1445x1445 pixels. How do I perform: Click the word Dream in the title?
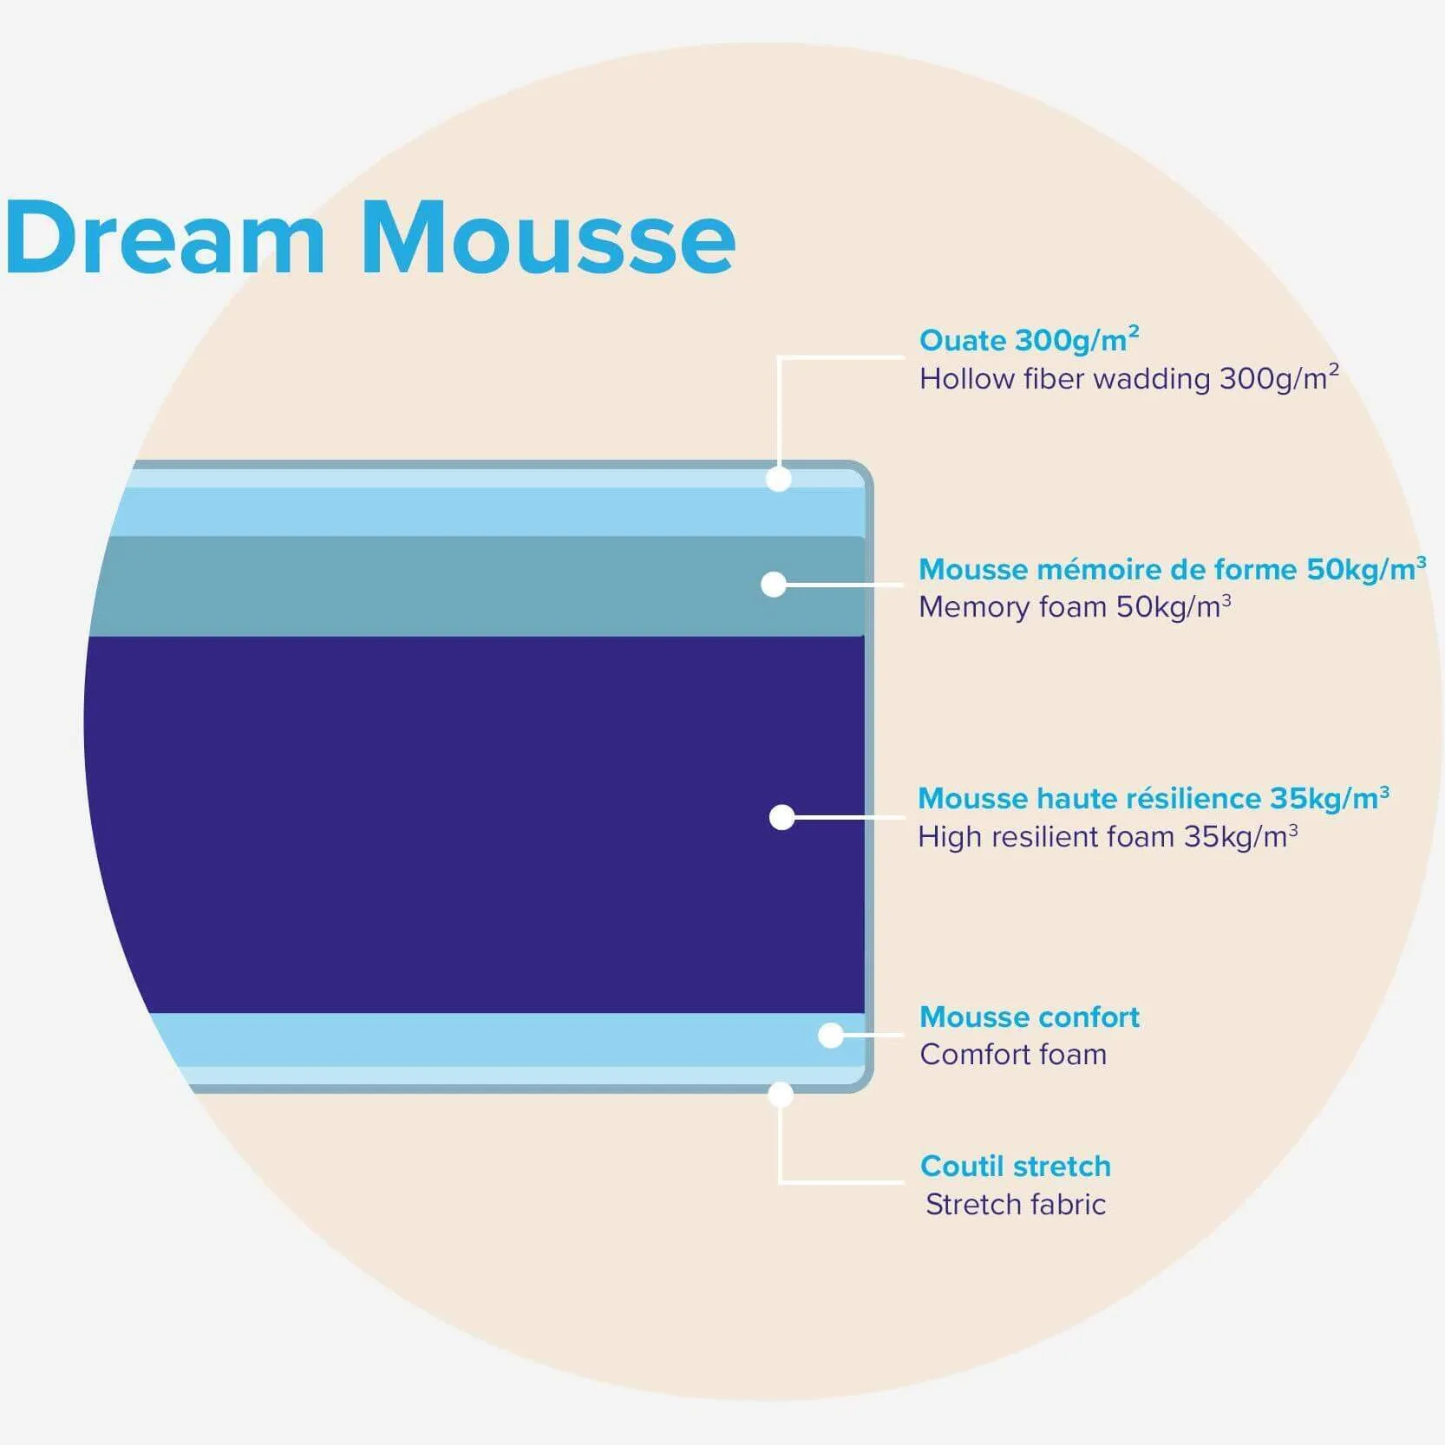pos(165,237)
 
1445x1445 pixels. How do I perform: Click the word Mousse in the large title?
pos(548,237)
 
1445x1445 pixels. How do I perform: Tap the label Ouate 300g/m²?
pos(1030,339)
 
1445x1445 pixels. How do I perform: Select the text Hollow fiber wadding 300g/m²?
pos(1129,378)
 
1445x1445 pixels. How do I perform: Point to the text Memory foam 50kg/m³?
pos(1075,606)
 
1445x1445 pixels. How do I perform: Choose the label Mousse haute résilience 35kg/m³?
pos(1154,797)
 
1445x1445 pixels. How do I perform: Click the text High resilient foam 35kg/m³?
pos(1108,836)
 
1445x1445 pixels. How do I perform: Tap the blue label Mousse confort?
pos(1030,1017)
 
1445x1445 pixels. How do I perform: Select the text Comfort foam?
pos(1013,1054)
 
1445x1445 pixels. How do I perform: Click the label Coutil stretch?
pos(1016,1166)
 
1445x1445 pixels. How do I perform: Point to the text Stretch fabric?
pos(1016,1204)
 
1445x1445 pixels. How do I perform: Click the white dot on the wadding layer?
pos(779,479)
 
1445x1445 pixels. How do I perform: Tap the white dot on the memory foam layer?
pos(774,584)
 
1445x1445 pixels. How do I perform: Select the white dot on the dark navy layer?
pos(781,817)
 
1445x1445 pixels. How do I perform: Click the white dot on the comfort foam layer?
pos(831,1035)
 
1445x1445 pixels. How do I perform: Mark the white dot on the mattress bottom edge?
pos(781,1095)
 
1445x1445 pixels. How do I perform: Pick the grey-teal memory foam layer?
pos(477,586)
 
